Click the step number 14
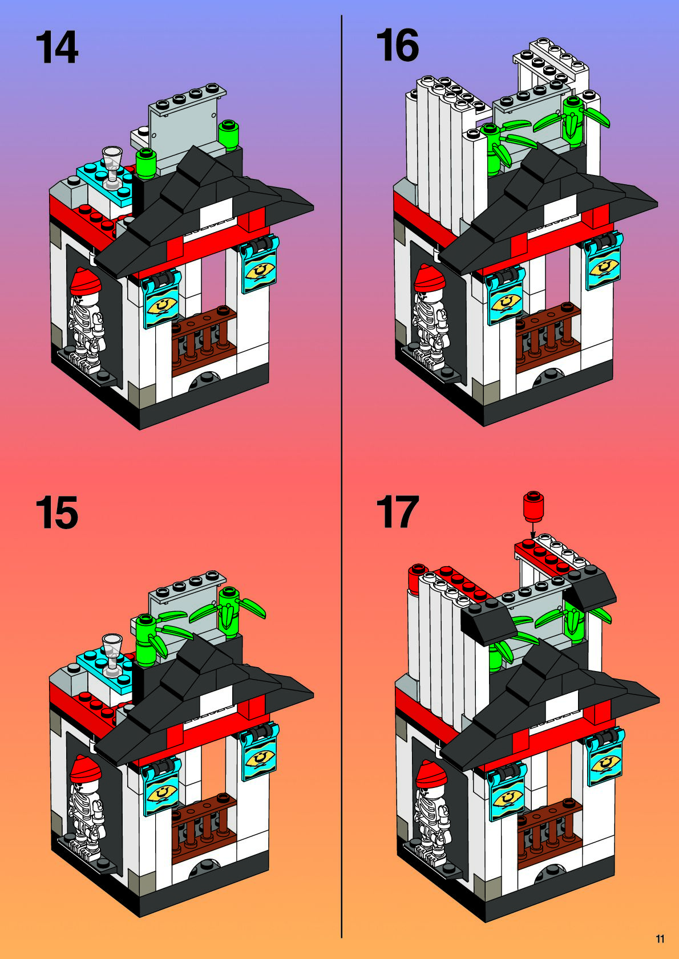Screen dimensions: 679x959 57,47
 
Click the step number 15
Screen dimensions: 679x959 57,513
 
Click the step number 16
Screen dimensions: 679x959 397,45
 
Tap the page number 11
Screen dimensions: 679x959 660,939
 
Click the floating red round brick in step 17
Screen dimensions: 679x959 533,506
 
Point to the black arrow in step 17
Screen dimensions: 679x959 533,530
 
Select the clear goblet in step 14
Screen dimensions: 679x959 112,168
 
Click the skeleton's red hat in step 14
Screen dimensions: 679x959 86,281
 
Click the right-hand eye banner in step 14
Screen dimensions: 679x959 259,265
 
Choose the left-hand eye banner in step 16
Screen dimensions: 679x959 506,295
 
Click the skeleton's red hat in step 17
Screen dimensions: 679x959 432,774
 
